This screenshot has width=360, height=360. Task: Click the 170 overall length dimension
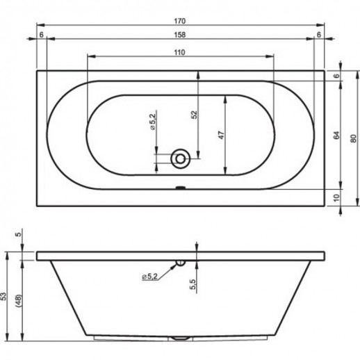point(180,21)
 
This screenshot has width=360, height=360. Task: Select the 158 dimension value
point(180,35)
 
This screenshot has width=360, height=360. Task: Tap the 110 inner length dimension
point(180,52)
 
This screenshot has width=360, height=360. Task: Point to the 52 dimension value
point(195,115)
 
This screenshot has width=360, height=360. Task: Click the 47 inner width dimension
point(222,135)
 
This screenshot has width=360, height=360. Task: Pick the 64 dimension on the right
point(336,135)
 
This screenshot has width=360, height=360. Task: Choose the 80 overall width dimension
point(353,138)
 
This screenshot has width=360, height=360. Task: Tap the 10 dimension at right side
point(336,197)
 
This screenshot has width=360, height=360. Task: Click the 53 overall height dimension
point(4,297)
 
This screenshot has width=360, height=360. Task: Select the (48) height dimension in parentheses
point(19,301)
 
